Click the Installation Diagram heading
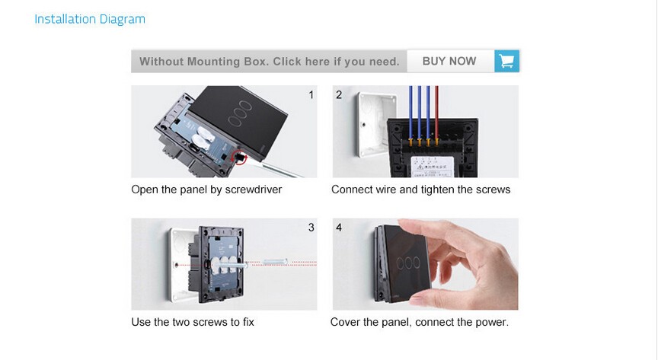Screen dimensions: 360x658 (x=90, y=19)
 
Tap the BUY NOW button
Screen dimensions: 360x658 (x=449, y=61)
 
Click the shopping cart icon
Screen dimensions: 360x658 (x=506, y=61)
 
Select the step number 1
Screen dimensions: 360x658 (x=311, y=95)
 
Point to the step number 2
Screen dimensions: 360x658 (x=339, y=95)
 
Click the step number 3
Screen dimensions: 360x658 (x=311, y=228)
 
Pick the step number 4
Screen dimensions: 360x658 (x=339, y=228)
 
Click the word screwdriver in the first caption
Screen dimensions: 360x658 (x=253, y=190)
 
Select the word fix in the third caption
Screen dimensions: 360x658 (x=248, y=322)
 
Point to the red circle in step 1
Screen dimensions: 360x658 (x=239, y=158)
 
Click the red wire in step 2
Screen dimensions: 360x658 (x=436, y=110)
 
